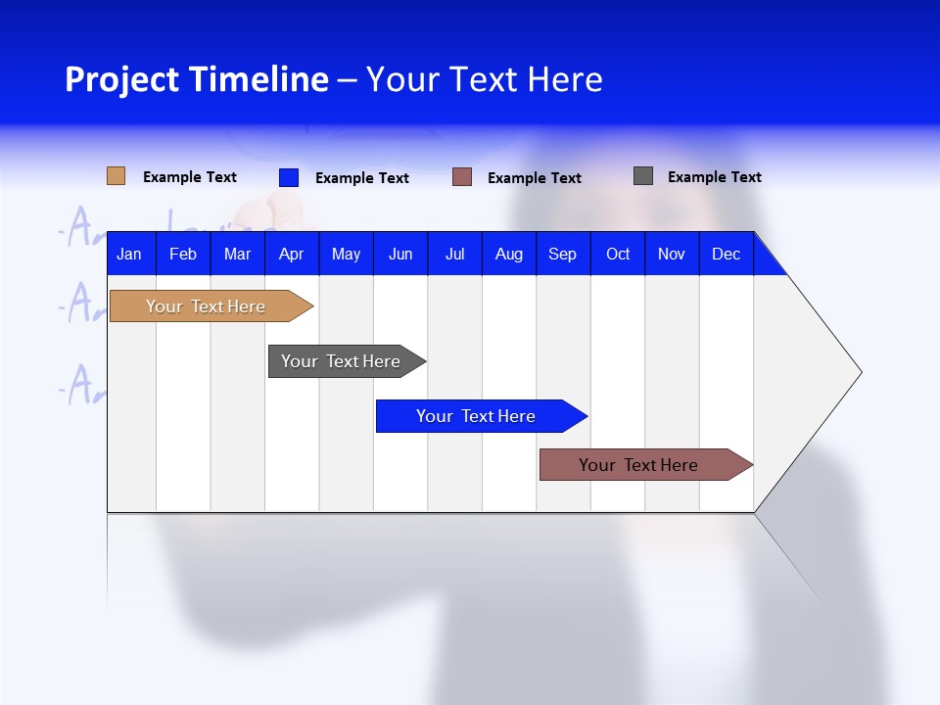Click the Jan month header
point(129,254)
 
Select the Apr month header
point(291,254)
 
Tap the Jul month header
point(454,254)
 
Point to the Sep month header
point(562,254)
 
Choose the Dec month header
point(726,254)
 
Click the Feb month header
point(183,254)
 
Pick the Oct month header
point(618,254)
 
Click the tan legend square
point(116,176)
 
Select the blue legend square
point(289,177)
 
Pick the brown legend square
point(462,177)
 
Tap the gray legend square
point(643,176)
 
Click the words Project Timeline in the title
point(196,79)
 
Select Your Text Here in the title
point(484,79)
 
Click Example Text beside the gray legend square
point(714,177)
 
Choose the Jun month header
point(400,254)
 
